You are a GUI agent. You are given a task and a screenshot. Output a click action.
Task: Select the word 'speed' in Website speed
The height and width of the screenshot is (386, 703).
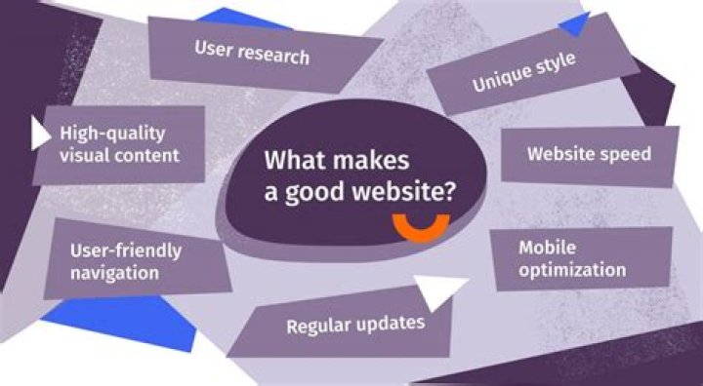coord(624,154)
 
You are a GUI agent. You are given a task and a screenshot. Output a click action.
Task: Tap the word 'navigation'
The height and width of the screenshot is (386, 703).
coord(114,272)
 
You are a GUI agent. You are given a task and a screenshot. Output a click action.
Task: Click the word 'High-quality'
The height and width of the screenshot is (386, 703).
coord(112,134)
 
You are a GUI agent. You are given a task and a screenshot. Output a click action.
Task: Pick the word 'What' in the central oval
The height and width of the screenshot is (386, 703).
coord(289,161)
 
